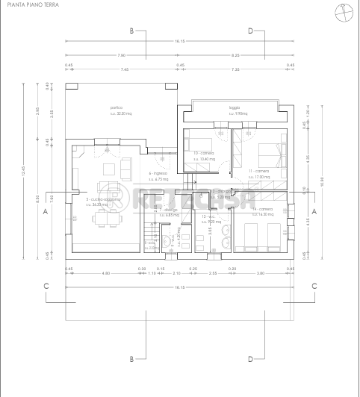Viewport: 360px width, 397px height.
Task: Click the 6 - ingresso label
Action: (x=158, y=175)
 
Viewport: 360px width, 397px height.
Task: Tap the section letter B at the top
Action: (x=131, y=31)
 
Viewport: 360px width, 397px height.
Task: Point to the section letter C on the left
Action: (x=46, y=286)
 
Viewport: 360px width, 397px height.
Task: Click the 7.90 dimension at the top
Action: (x=122, y=55)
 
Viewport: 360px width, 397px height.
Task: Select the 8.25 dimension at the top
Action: (x=235, y=55)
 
